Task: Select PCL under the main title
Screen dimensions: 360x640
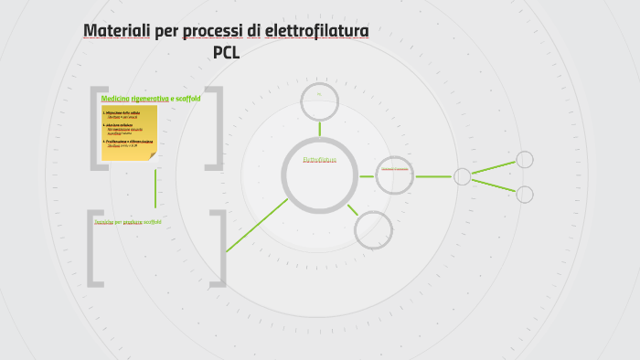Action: [x=226, y=52]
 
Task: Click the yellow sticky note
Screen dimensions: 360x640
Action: [x=129, y=132]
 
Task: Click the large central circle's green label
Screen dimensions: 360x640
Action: [x=319, y=160]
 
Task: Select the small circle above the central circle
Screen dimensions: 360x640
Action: [x=320, y=101]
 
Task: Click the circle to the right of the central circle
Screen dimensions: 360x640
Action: [x=396, y=175]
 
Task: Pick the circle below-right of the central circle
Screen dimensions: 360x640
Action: [x=373, y=229]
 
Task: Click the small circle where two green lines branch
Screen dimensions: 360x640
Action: [x=463, y=176]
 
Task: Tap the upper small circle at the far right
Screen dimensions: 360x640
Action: [x=525, y=160]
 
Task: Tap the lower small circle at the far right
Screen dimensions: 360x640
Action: [x=525, y=194]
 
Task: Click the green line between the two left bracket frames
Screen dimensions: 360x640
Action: [x=155, y=189]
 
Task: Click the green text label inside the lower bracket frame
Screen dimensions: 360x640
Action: [x=128, y=222]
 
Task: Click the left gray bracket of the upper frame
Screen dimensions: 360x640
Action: [x=95, y=128]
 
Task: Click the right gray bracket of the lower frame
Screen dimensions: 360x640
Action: [x=219, y=249]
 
